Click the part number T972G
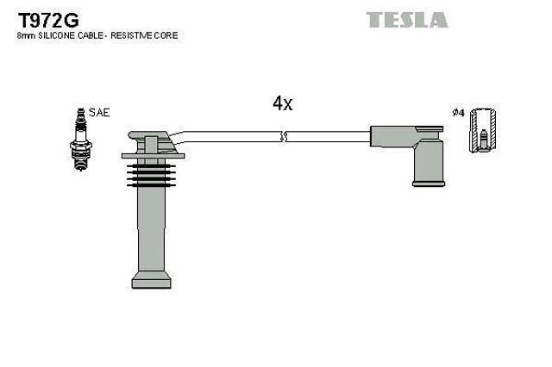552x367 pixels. coord(48,20)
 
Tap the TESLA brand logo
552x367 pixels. coord(407,20)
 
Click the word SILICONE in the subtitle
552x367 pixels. coord(57,35)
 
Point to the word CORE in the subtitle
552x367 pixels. coord(166,35)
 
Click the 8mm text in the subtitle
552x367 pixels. coord(27,35)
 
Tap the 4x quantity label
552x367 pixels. coord(283,103)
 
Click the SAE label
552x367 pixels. coord(99,113)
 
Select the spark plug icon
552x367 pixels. coord(81,140)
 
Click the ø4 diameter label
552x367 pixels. coord(459,113)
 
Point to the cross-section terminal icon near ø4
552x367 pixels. coord(483,130)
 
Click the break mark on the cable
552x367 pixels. coord(284,136)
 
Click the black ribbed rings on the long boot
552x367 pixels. coord(152,175)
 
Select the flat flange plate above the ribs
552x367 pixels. coord(154,156)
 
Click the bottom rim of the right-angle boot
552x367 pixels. coord(429,183)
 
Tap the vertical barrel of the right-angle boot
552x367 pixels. coord(429,161)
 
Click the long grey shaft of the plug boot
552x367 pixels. coord(152,228)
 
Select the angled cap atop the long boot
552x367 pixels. coord(153,141)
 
